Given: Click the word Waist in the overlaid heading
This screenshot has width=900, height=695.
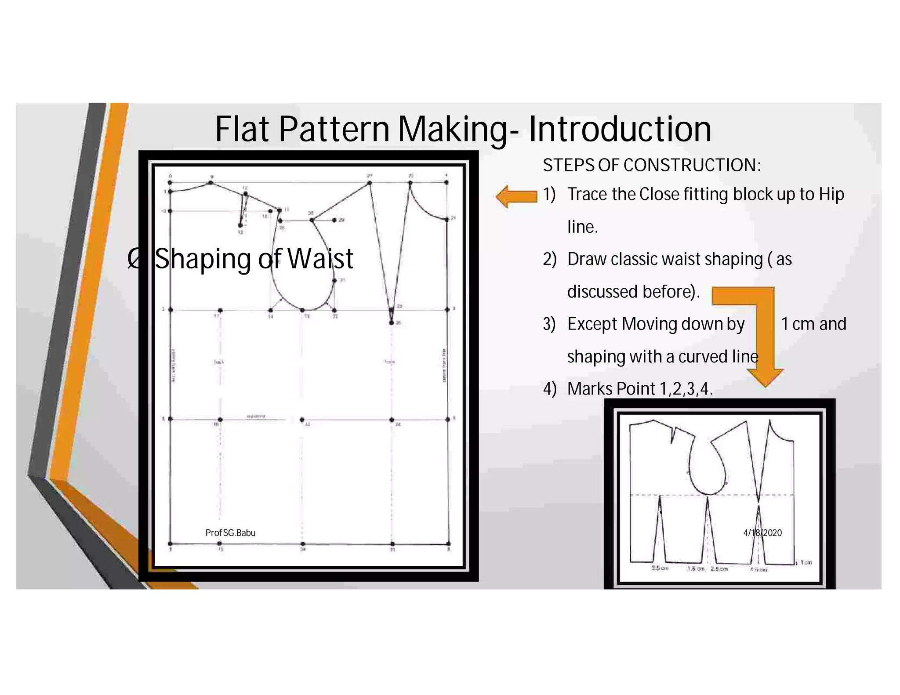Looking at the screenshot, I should click(320, 259).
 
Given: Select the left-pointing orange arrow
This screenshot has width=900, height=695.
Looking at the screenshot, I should click(516, 196).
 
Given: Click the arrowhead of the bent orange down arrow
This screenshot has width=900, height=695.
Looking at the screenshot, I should click(766, 377).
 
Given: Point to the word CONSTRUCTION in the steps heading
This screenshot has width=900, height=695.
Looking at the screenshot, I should click(692, 166).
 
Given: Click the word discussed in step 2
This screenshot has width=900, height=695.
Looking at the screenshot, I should click(602, 292).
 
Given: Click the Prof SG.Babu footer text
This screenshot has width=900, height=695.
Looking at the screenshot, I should click(230, 533).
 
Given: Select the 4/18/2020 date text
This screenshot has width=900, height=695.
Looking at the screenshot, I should click(762, 533).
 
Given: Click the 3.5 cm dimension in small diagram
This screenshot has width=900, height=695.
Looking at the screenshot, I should click(660, 568).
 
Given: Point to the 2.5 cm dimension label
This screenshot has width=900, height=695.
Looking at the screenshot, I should click(719, 569).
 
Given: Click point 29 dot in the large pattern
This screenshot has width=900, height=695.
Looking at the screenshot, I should click(334, 220).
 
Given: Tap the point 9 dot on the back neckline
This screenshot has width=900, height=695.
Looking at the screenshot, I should click(211, 182).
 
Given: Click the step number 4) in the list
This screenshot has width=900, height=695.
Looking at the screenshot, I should click(549, 389).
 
